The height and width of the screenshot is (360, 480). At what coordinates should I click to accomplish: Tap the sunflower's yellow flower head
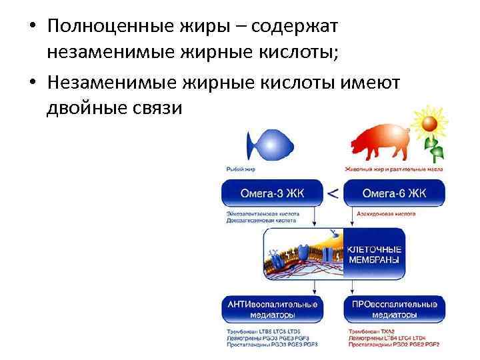429,123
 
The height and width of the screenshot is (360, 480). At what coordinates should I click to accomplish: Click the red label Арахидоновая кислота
379,213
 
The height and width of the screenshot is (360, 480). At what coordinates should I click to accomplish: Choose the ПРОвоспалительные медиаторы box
394,309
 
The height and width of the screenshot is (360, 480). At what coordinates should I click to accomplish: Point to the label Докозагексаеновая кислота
261,220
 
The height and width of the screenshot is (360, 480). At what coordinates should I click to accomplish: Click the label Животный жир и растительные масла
394,169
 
